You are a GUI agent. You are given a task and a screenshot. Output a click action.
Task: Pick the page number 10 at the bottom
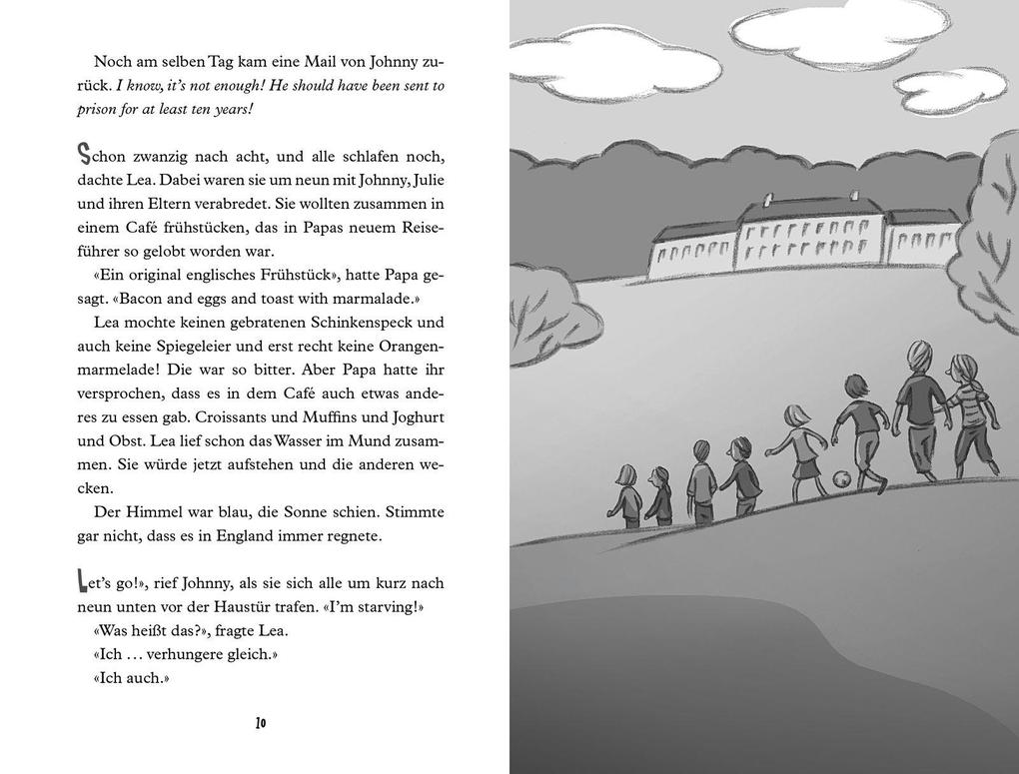coord(261,723)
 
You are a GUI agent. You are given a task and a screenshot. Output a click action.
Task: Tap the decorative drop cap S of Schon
coord(86,155)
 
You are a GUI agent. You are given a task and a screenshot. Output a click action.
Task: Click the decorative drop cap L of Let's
coord(84,582)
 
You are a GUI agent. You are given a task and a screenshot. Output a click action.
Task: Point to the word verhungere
coord(185,654)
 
